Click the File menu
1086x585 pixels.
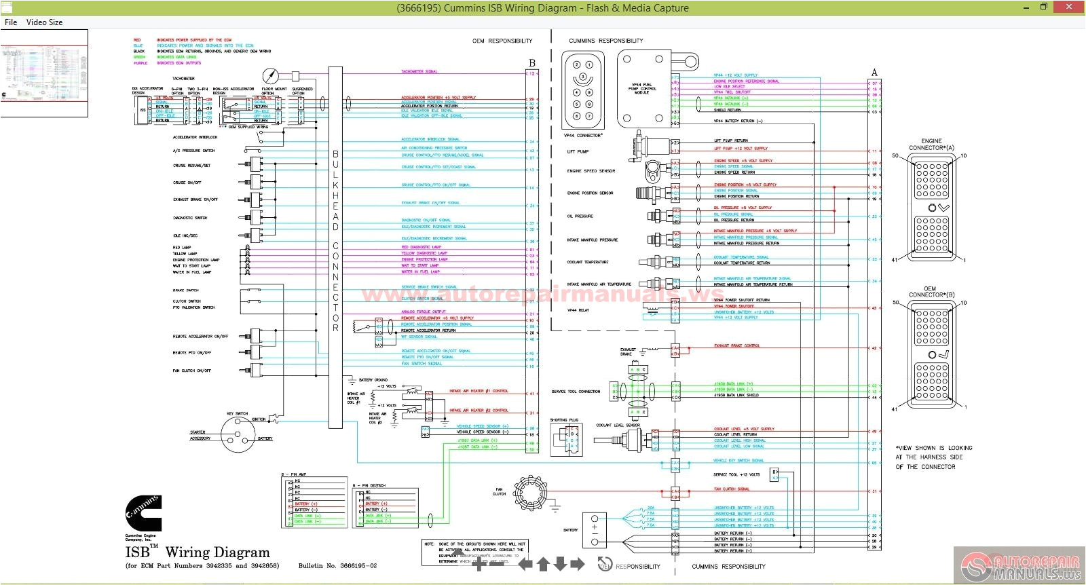pos(10,22)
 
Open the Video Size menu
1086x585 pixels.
pos(44,22)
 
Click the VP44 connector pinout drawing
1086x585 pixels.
pos(582,90)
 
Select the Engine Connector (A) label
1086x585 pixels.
pos(931,145)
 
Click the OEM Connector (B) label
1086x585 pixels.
pos(931,292)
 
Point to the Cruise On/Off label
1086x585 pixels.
pos(187,183)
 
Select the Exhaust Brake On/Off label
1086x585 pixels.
pos(195,200)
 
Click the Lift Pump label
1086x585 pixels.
pos(578,151)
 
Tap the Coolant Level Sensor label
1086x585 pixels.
pos(618,426)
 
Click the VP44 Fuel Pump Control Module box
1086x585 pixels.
pos(644,90)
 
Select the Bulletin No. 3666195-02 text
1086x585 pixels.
pos(337,565)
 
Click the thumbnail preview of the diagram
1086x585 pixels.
pos(44,73)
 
